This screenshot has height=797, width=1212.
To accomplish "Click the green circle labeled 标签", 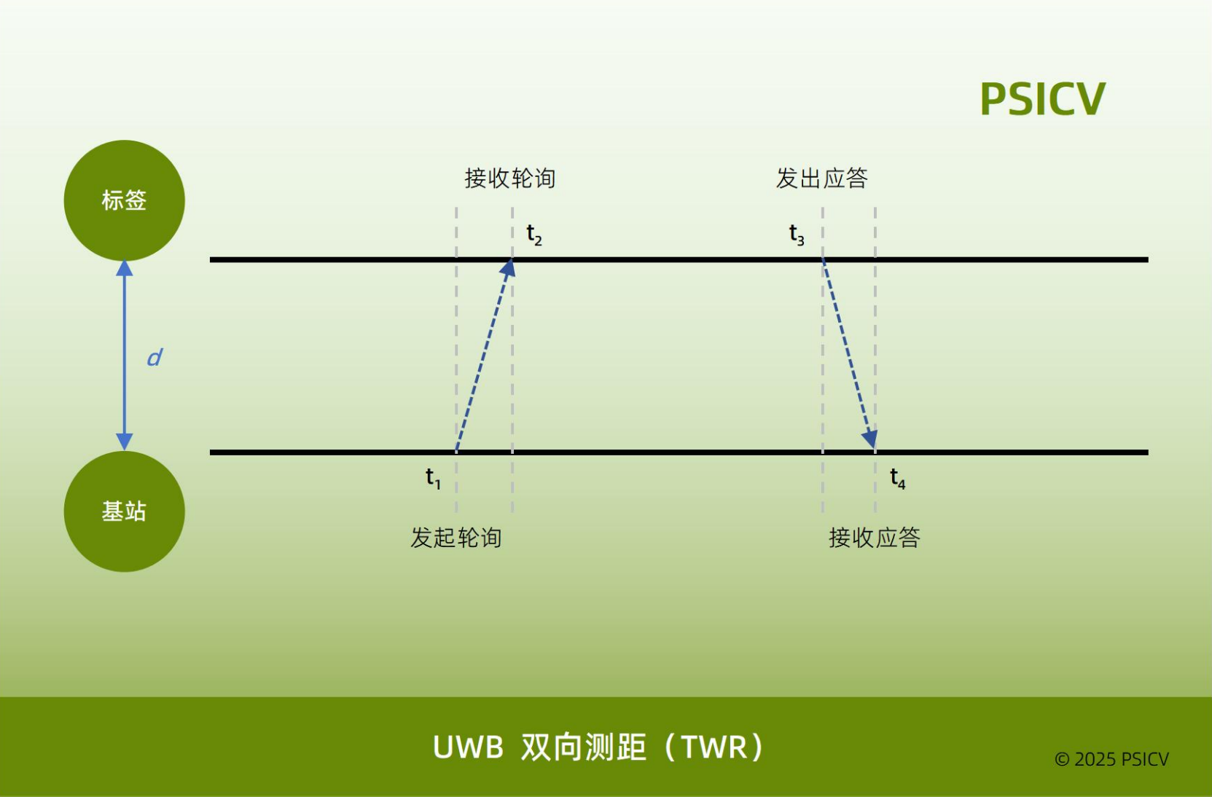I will [x=124, y=200].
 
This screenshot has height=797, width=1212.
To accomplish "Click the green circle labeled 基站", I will [x=124, y=511].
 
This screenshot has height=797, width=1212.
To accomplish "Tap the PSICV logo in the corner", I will [x=1042, y=99].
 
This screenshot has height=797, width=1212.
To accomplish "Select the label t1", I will [x=433, y=478].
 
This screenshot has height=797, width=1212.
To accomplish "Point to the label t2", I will [x=534, y=235].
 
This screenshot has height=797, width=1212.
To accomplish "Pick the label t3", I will [x=797, y=235].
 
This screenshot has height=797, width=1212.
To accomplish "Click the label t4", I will [x=898, y=479].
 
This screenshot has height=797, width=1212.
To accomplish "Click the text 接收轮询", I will [x=510, y=178].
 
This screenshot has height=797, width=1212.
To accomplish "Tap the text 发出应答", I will [x=821, y=178].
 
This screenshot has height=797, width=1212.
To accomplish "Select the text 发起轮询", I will [x=456, y=538].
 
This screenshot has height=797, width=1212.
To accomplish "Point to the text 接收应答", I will [x=874, y=538].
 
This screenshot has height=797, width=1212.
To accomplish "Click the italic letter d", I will [x=155, y=358].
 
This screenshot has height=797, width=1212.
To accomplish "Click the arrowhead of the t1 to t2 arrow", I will [x=507, y=269].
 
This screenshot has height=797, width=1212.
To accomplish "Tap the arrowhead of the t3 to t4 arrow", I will [x=869, y=439].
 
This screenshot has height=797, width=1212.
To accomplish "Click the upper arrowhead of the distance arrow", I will [x=125, y=268].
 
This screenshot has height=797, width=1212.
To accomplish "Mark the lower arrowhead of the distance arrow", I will [x=125, y=441].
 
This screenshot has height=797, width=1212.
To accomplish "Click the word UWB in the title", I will [x=468, y=747].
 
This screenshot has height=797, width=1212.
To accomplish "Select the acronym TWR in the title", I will [x=714, y=747].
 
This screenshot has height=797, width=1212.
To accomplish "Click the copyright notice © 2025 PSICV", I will [x=1111, y=759].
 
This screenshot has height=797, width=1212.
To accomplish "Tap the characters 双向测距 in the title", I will [x=583, y=747].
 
